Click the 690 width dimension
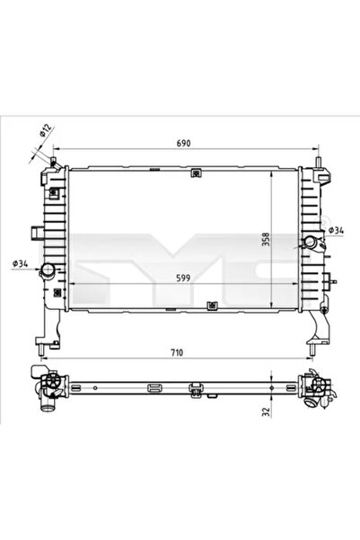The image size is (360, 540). (x=183, y=144)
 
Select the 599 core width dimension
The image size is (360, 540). (x=183, y=279)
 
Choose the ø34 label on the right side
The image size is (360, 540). (x=336, y=231)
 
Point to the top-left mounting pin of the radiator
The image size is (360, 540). (x=55, y=164)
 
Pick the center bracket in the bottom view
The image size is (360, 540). (x=194, y=389)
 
